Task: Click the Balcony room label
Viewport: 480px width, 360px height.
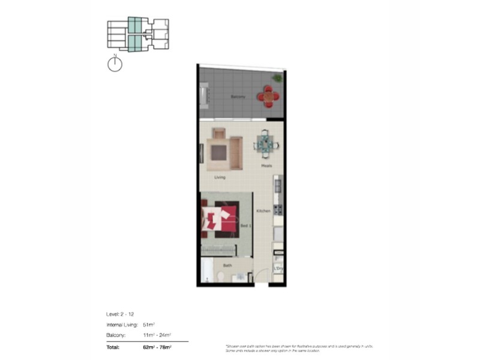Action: [x=238, y=97]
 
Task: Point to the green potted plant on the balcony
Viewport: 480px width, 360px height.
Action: [x=277, y=77]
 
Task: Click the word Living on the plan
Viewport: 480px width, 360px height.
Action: [x=220, y=177]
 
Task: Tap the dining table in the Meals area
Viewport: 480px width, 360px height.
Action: [x=265, y=143]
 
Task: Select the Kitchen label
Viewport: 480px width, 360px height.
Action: [x=263, y=211]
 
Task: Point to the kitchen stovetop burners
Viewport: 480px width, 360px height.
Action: [x=278, y=210]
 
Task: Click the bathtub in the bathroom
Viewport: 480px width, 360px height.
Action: [x=204, y=271]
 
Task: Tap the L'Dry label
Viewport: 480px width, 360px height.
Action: [x=278, y=269]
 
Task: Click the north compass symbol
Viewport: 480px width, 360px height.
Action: [x=115, y=64]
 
